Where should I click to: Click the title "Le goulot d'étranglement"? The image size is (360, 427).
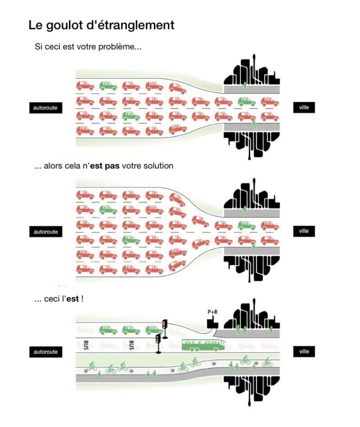(x=101, y=25)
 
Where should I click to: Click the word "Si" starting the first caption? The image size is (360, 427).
(x=38, y=48)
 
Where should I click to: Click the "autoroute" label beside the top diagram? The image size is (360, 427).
(x=46, y=108)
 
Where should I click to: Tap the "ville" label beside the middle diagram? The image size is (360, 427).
(x=304, y=231)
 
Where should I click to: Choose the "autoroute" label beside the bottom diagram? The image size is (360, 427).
(x=46, y=352)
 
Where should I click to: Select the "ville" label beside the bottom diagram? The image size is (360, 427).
(x=304, y=352)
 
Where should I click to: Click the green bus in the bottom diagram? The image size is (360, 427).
(x=203, y=344)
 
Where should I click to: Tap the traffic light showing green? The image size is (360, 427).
(x=159, y=340)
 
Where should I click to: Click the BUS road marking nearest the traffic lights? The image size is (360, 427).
(x=132, y=343)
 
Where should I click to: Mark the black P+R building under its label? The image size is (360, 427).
(x=212, y=325)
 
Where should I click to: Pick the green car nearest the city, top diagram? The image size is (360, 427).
(x=246, y=101)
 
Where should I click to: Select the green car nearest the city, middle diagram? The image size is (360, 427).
(x=246, y=226)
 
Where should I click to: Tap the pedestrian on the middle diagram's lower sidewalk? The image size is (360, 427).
(x=254, y=248)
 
